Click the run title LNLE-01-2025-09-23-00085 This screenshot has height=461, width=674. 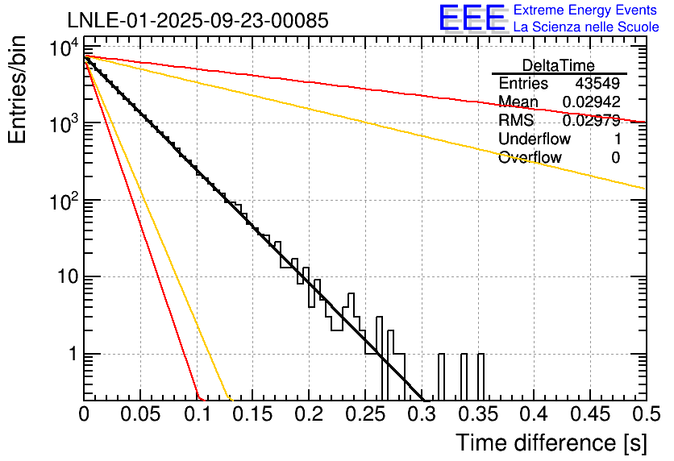198,21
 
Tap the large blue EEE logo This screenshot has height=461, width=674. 472,19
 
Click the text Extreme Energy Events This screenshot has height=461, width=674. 586,10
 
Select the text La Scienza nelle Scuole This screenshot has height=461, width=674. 586,27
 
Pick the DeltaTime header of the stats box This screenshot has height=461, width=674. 558,65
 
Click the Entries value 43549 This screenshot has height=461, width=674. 597,84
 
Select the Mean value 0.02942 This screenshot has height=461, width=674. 591,102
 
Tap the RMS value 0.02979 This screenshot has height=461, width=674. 591,121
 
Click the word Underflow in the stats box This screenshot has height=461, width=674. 530,139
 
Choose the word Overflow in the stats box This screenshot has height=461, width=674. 530,158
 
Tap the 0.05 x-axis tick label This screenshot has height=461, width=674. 140,414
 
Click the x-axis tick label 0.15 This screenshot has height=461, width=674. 252,414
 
